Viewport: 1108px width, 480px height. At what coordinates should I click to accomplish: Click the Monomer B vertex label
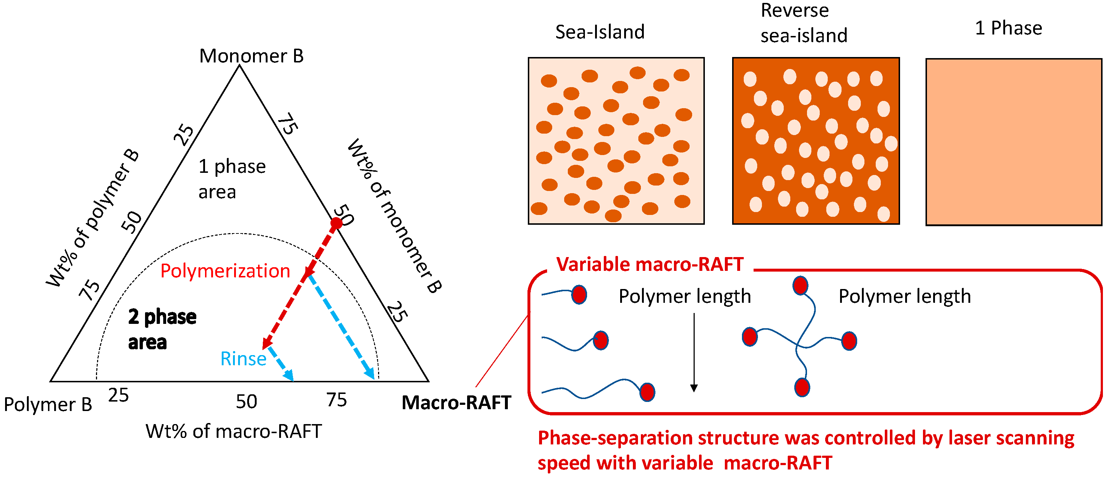click(251, 56)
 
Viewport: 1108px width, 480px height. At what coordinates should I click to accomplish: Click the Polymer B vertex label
click(48, 404)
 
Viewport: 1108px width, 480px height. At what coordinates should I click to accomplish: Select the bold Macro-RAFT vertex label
click(456, 403)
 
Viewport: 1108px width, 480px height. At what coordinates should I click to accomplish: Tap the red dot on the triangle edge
click(336, 223)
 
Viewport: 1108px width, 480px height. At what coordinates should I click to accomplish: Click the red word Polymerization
click(225, 271)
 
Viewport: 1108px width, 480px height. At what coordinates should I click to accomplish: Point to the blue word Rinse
click(243, 359)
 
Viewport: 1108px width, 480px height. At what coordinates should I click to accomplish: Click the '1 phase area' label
click(232, 179)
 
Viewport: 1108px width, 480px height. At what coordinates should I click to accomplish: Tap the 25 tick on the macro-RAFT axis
click(118, 395)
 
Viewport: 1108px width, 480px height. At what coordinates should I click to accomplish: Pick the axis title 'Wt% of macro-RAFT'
click(233, 431)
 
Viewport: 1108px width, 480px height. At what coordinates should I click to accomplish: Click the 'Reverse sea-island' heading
click(803, 23)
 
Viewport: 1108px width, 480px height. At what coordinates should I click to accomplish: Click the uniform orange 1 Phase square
click(1013, 142)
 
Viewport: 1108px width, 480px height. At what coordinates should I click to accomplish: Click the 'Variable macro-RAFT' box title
click(650, 264)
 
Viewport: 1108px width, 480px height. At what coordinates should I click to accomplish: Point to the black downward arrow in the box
click(694, 352)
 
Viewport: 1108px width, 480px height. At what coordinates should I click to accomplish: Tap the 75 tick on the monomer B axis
click(287, 124)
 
